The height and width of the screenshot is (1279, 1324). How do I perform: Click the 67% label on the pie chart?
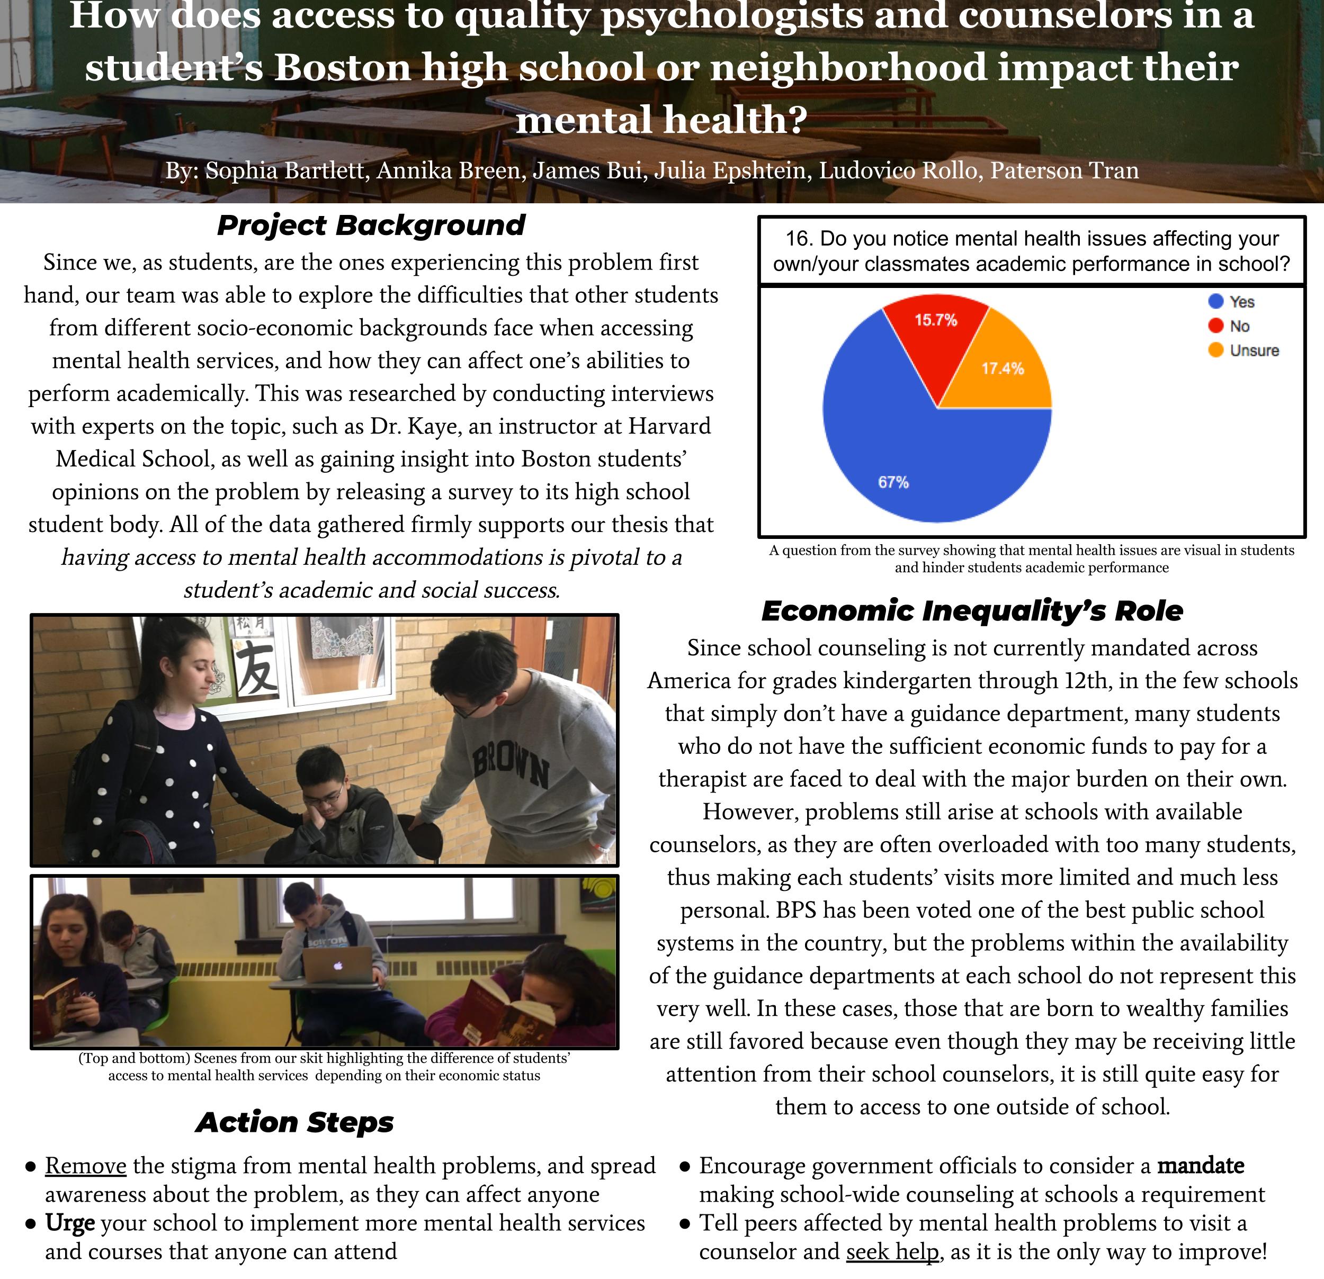coord(893,482)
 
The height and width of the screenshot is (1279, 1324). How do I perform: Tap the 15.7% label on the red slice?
coord(936,320)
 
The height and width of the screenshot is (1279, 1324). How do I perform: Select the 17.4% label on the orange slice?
coord(1003,368)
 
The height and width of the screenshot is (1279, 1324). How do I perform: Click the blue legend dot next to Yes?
coord(1216,302)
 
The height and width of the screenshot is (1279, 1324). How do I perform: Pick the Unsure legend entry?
coord(1254,350)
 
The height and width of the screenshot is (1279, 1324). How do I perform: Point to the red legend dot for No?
coord(1216,326)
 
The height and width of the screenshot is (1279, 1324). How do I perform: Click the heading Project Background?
coord(371,226)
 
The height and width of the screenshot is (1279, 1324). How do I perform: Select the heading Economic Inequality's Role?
coord(972,610)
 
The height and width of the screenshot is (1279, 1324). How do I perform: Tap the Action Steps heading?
coord(294,1122)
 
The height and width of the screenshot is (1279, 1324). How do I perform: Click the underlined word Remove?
coord(86,1166)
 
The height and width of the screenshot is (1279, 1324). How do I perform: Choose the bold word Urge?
coord(69,1223)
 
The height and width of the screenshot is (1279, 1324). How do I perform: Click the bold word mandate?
coord(1201,1166)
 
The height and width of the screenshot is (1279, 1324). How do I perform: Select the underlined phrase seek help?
coord(892,1252)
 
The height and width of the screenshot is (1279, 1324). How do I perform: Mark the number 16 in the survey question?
coord(797,239)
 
